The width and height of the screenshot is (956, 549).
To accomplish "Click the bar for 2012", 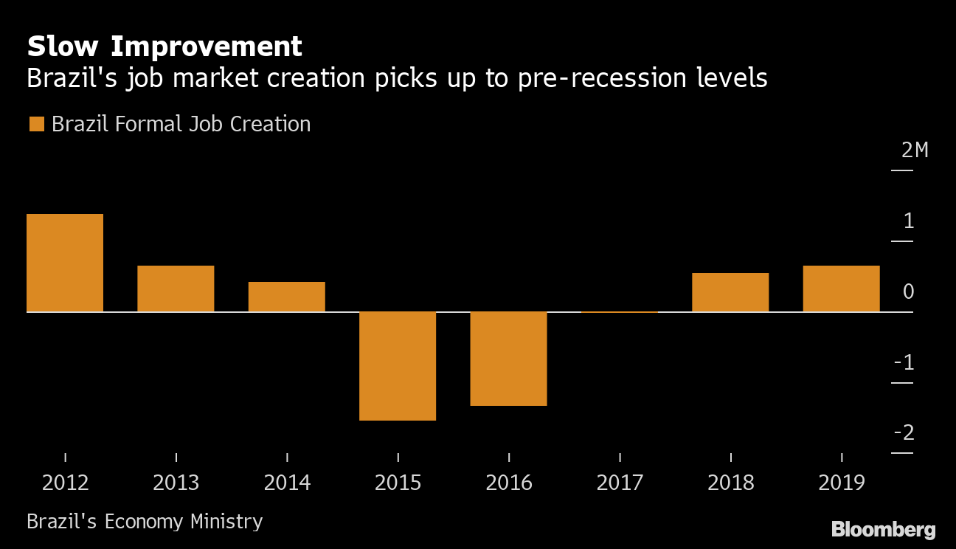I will point(65,263).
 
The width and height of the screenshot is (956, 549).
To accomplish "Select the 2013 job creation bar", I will point(176,289).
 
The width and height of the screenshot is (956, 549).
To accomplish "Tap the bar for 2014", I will point(286,297).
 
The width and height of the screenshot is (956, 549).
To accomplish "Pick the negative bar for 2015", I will point(398,366).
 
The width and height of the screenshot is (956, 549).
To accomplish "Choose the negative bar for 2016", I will point(508,359).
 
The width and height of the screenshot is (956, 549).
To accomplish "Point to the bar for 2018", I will point(730,292).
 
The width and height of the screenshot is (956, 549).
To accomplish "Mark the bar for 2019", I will point(841,289).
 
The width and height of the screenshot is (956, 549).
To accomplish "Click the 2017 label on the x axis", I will point(620,483).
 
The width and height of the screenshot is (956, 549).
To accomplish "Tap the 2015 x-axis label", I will point(398,483).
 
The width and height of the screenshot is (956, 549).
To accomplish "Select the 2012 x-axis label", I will point(65,483).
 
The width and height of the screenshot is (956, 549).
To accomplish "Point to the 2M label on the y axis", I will point(915,151).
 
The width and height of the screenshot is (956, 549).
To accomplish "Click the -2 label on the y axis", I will point(904,433).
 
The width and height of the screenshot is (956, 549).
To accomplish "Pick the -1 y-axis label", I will point(904,363).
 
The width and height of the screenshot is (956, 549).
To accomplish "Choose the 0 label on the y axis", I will point(908,292).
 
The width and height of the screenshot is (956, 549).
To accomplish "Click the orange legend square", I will point(36,124).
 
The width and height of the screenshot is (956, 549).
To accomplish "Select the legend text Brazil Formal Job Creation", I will point(181,124).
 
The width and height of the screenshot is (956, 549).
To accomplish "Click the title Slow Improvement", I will point(164,46).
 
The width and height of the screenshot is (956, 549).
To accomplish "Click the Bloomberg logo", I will point(883,529).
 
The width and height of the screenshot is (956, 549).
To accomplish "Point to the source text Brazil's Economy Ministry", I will point(145,522).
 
